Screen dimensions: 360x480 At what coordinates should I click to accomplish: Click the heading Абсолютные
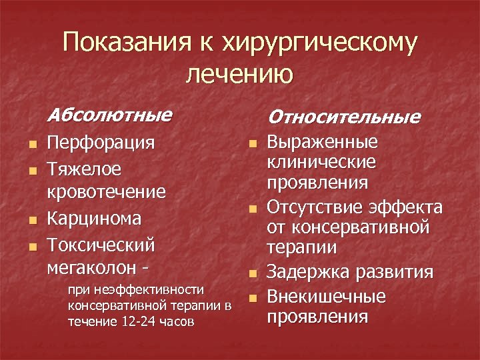tap(110, 115)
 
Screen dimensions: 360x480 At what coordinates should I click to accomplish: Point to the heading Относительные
tap(344, 117)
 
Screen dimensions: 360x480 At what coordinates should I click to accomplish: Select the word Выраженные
tap(323, 143)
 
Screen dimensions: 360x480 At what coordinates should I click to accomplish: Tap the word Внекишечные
tap(327, 295)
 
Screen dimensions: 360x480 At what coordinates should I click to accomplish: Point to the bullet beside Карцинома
tap(24, 221)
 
